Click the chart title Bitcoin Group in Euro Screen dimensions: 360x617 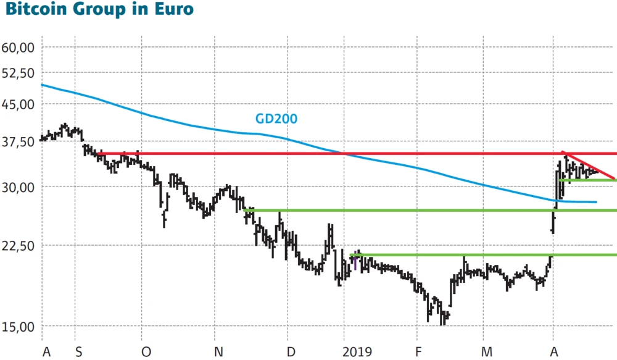pyautogui.click(x=98, y=10)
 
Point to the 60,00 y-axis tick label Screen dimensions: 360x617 pyautogui.click(x=19, y=48)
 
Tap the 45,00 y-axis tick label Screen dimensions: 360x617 pyautogui.click(x=19, y=104)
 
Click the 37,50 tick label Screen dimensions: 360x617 pyautogui.click(x=19, y=142)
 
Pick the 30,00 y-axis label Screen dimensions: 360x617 pyautogui.click(x=19, y=186)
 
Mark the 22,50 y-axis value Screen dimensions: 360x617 pyautogui.click(x=19, y=246)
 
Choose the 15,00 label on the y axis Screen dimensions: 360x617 pyautogui.click(x=19, y=327)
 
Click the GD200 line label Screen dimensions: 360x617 pyautogui.click(x=276, y=119)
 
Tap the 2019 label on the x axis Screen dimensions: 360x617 pyautogui.click(x=357, y=352)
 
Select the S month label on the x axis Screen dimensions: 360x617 pyautogui.click(x=78, y=352)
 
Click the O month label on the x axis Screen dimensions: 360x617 pyautogui.click(x=146, y=352)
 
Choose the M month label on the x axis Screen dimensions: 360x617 pyautogui.click(x=487, y=352)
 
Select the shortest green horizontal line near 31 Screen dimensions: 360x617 pyautogui.click(x=589, y=180)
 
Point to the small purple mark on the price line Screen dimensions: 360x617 pyautogui.click(x=355, y=262)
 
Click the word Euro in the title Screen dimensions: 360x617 pyautogui.click(x=174, y=10)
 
